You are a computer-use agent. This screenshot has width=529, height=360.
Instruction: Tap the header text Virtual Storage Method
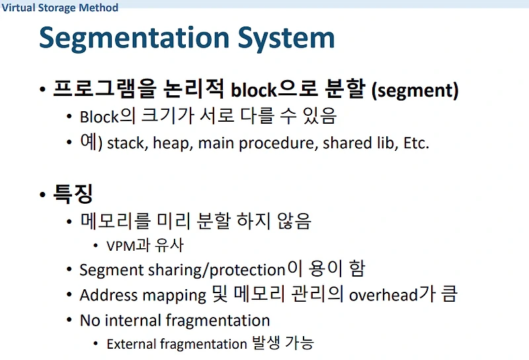[x=60, y=8]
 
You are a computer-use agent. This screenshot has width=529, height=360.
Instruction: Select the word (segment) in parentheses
[x=415, y=91]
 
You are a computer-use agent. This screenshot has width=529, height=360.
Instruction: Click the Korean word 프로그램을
[x=97, y=89]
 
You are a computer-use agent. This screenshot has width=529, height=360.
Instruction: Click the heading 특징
[x=73, y=194]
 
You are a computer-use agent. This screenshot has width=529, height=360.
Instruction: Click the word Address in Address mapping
[x=107, y=295]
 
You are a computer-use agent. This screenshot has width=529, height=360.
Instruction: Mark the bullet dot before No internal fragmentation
[x=69, y=321]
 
